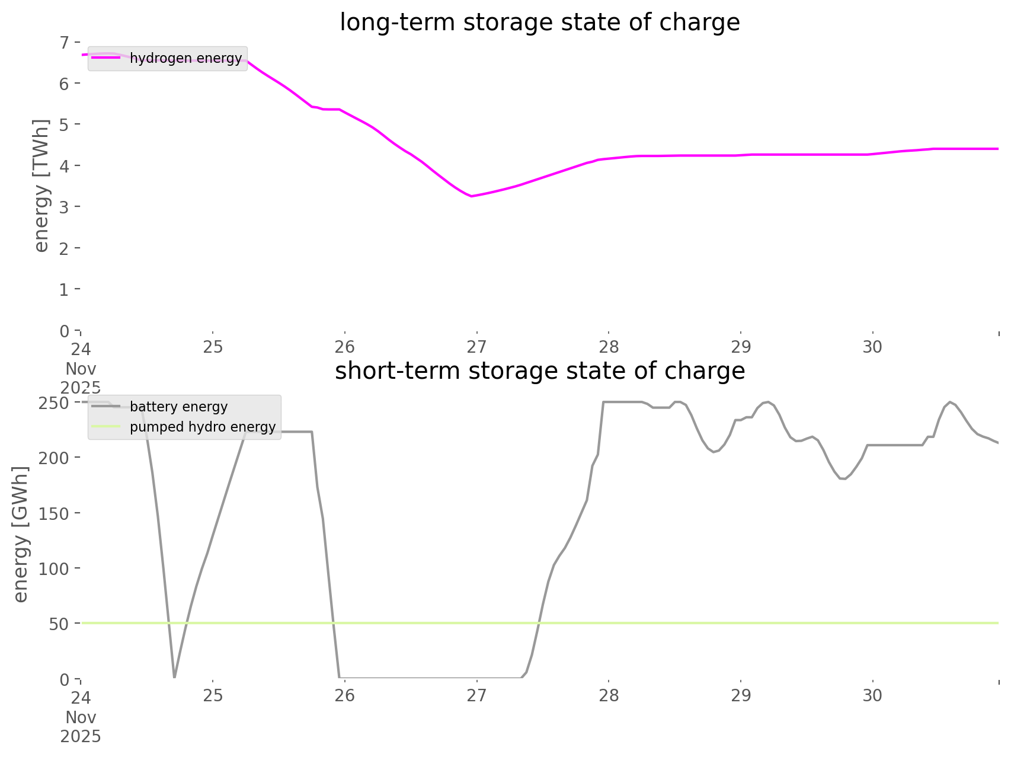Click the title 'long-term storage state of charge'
click(x=539, y=23)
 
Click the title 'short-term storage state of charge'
click(x=539, y=371)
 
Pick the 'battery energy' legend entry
click(x=178, y=407)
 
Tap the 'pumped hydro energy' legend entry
click(x=202, y=427)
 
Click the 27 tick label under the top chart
click(x=476, y=347)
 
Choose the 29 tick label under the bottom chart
click(x=741, y=695)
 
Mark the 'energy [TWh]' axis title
click(x=41, y=186)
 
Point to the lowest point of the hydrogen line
click(x=471, y=196)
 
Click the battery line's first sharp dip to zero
click(x=174, y=676)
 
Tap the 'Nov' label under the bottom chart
click(x=81, y=717)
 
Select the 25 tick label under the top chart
click(x=213, y=347)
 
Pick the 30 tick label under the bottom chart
click(x=873, y=695)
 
